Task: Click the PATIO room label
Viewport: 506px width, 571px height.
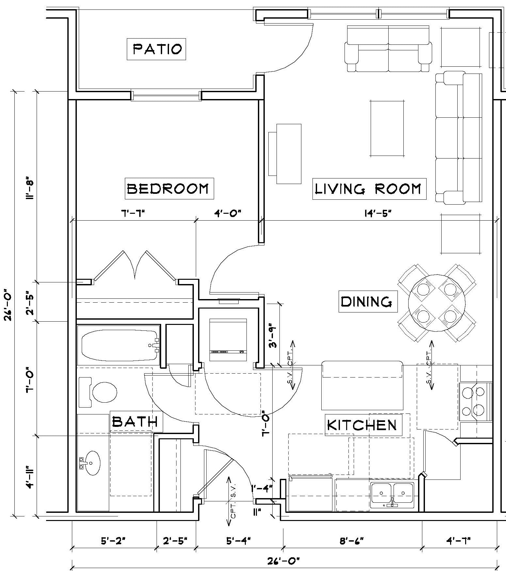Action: click(157, 49)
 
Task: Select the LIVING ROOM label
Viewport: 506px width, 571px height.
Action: click(369, 189)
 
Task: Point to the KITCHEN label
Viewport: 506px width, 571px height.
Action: click(363, 425)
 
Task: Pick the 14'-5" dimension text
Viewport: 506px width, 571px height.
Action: click(378, 213)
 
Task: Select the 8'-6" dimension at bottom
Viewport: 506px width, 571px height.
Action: click(352, 541)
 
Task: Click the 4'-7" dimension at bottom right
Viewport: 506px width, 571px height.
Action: click(458, 541)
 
